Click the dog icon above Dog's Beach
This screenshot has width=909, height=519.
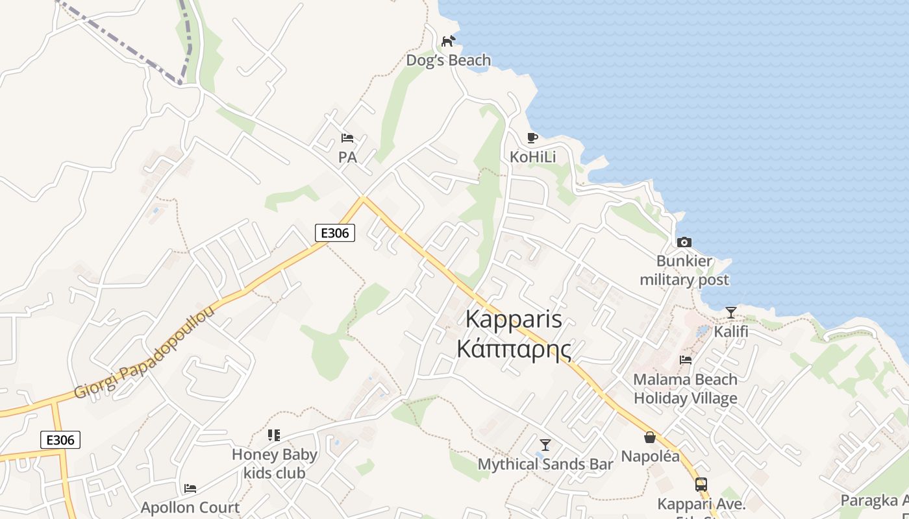coord(448,42)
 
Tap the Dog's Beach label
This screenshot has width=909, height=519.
coord(448,61)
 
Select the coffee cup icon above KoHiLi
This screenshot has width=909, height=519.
coord(532,138)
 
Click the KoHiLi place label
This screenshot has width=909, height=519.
coord(532,157)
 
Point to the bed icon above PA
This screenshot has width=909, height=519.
coord(347,138)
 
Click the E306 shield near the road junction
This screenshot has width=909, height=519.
coord(335,233)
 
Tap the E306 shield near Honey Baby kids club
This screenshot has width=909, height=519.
coord(60,440)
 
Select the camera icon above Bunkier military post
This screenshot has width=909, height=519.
coord(684,242)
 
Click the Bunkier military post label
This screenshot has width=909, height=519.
coord(684,271)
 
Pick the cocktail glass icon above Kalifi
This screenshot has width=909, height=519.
coord(731,312)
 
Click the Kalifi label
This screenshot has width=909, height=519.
coord(731,332)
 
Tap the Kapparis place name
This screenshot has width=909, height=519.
coord(514,320)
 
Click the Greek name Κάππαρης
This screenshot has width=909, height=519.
coord(514,349)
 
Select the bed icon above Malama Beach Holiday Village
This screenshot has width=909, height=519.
coord(686,360)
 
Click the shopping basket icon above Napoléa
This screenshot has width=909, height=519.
coord(650,437)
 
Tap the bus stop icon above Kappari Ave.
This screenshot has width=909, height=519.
coord(701,484)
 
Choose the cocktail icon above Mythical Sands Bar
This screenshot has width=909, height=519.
coord(545,444)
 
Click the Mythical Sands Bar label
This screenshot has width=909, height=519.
coord(545,465)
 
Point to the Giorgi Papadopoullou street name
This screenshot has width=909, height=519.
coord(144,353)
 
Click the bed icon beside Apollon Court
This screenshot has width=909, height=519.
coord(190,488)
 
